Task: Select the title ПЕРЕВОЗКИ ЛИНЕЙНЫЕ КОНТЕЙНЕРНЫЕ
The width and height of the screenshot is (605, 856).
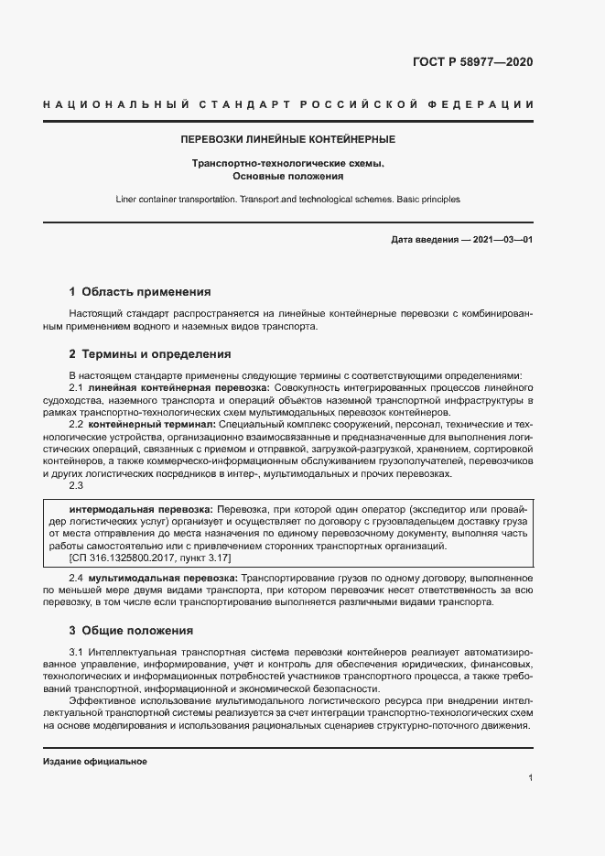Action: click(287, 140)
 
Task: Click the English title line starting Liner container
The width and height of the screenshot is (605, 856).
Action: click(287, 199)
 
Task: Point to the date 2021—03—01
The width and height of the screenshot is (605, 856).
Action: click(502, 240)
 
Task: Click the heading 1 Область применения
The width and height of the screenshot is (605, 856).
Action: click(140, 292)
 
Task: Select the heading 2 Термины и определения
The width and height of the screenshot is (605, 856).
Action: click(150, 353)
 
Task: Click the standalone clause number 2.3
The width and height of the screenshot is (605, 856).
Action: click(77, 485)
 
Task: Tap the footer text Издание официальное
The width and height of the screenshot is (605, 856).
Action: click(95, 762)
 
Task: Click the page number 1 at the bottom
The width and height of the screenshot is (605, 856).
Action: click(530, 778)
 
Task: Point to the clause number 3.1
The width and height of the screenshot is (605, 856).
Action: click(77, 651)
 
